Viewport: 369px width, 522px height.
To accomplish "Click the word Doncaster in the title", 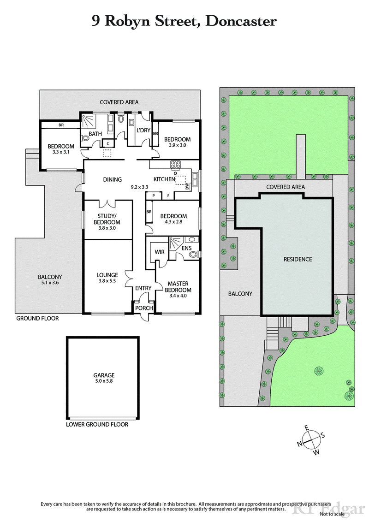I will point(241,21).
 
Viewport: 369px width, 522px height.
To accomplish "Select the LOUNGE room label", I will point(107,275).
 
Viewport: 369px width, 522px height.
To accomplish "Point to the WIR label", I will point(160,252).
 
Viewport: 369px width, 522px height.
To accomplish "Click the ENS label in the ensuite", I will point(186,249).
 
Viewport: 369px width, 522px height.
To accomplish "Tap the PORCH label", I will point(143,308).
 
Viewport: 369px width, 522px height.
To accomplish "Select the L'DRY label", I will point(143,130).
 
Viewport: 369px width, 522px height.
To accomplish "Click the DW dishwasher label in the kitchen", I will point(187,186).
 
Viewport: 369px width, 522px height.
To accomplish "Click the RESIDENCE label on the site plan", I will point(298,259).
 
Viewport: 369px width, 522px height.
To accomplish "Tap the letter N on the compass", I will point(299,444).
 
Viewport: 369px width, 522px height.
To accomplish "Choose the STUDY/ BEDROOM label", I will point(109,219).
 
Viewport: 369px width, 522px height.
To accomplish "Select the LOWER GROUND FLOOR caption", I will point(97,424).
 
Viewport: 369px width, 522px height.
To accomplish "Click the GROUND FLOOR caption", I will point(37,318).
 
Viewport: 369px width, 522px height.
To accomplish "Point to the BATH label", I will point(95,134).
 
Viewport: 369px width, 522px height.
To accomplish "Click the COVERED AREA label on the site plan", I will point(285,187).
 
